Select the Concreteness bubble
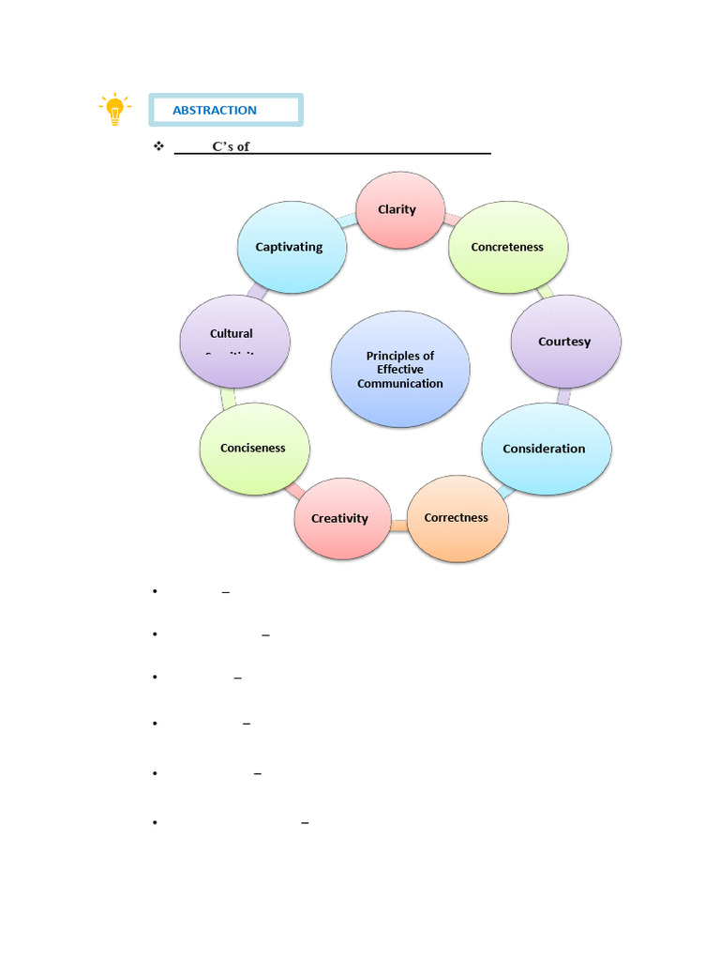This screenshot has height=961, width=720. pyautogui.click(x=508, y=247)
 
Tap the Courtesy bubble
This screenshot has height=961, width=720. pyautogui.click(x=565, y=342)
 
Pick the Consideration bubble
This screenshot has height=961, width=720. pyautogui.click(x=546, y=449)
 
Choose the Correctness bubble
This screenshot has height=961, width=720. pyautogui.click(x=457, y=518)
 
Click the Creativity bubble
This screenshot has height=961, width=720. pyautogui.click(x=340, y=518)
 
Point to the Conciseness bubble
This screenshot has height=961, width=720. pyautogui.click(x=254, y=449)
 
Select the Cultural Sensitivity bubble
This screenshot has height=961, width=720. pyautogui.click(x=234, y=341)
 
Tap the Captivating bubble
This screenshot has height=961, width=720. pyautogui.click(x=292, y=247)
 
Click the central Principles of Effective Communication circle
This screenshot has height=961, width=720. pyautogui.click(x=400, y=369)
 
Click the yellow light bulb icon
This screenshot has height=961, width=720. pyautogui.click(x=114, y=110)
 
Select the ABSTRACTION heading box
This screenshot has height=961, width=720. pyautogui.click(x=225, y=110)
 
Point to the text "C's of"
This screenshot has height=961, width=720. pyautogui.click(x=231, y=147)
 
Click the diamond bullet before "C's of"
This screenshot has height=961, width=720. pyautogui.click(x=158, y=146)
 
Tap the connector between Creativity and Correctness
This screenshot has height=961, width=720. pyautogui.click(x=398, y=526)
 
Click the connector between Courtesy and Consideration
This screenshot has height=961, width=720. pyautogui.click(x=562, y=396)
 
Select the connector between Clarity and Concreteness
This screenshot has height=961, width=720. pyautogui.click(x=450, y=219)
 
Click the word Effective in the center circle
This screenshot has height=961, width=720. pyautogui.click(x=400, y=370)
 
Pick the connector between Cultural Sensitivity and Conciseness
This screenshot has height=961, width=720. pyautogui.click(x=228, y=396)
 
